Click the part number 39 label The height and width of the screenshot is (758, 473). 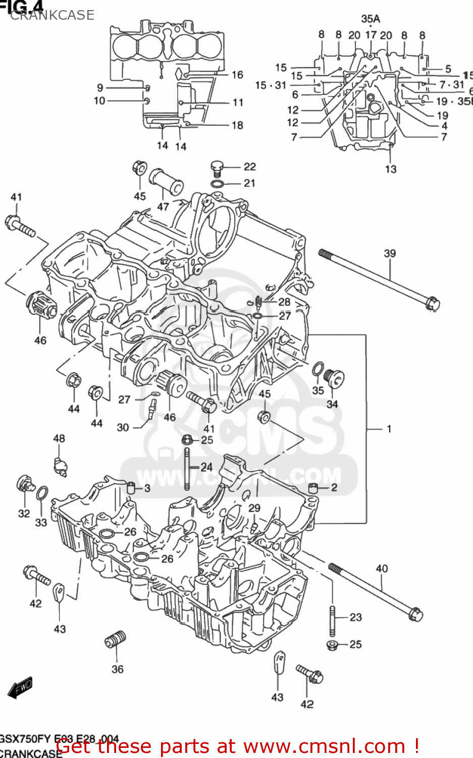click(x=390, y=253)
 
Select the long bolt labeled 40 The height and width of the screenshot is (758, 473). click(x=376, y=592)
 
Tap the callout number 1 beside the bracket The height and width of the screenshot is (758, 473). click(x=389, y=429)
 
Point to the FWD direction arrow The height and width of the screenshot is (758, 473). click(x=21, y=687)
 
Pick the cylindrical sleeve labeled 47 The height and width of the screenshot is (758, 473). click(x=165, y=182)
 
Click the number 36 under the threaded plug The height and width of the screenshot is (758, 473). click(x=117, y=669)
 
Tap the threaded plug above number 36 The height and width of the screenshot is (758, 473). click(x=115, y=640)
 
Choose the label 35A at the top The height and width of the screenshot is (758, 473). click(x=370, y=19)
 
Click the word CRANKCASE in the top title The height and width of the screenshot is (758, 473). click(x=52, y=15)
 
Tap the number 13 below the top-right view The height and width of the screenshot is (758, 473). click(x=391, y=169)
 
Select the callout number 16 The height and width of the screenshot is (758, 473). click(x=237, y=75)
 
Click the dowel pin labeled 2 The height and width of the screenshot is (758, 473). click(x=313, y=488)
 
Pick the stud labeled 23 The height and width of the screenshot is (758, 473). click(x=333, y=621)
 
